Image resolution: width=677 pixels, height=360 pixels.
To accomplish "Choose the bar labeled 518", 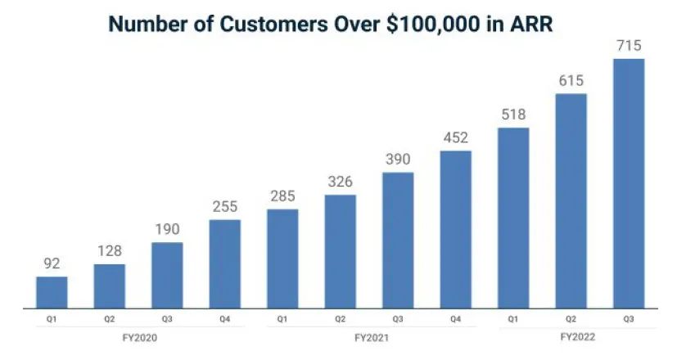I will pos(512,218).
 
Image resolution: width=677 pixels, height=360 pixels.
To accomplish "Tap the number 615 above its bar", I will pos(571,82).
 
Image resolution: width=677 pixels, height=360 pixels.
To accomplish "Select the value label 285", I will pos(282,197).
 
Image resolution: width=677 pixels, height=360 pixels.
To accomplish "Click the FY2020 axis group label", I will pos(138,337).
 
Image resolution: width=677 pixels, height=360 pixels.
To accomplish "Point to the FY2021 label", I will pos(369,337).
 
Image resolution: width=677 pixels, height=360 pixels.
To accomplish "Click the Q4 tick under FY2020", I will pos(224,319).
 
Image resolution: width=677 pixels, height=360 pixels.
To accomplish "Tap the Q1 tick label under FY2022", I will pos(512,319).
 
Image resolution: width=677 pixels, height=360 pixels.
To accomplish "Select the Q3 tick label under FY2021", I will pos(398,319).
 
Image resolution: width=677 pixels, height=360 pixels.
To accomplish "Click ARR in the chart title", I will pos(530,24).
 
